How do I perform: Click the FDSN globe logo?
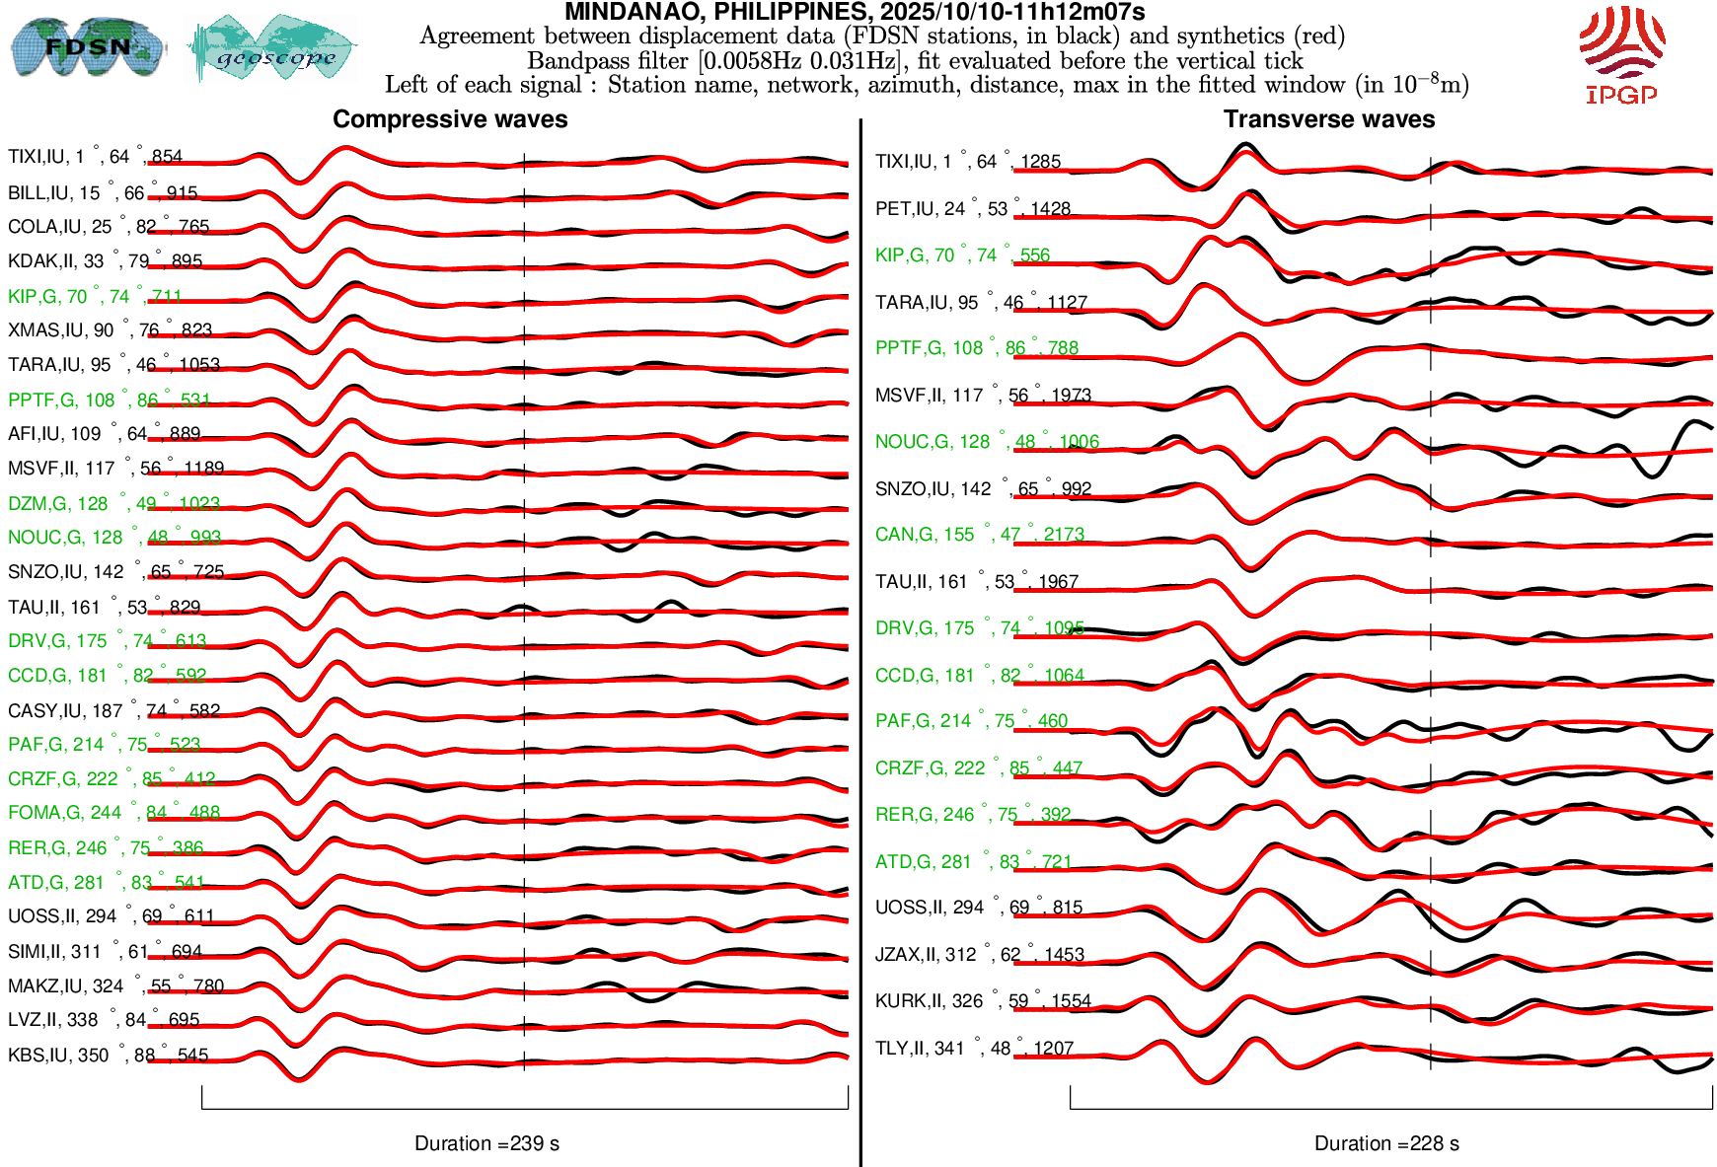[87, 46]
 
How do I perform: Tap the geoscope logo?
[272, 48]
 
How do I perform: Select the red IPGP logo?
[1621, 54]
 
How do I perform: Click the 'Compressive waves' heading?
[450, 119]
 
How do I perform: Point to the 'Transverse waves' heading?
[1329, 119]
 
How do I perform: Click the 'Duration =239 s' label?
[486, 1143]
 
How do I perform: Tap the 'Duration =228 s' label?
[1386, 1143]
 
